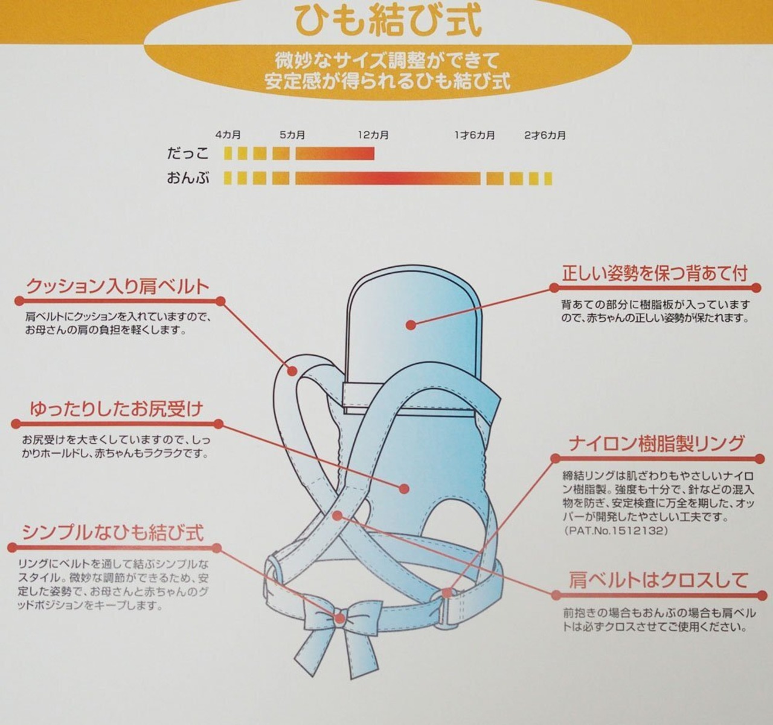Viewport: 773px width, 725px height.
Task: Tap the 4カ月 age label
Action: [228, 135]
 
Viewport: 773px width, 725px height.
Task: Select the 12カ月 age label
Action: [373, 135]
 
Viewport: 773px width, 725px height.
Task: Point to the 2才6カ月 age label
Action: [545, 135]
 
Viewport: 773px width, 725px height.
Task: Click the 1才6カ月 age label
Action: [475, 135]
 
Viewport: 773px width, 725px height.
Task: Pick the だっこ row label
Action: [188, 154]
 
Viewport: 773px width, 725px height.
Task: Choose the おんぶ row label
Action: [188, 178]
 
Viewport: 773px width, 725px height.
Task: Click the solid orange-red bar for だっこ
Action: [335, 154]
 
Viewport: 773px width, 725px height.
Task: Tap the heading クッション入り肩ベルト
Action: [118, 287]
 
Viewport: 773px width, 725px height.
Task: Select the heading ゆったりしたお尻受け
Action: [117, 410]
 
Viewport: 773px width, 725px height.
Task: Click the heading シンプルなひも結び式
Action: [113, 533]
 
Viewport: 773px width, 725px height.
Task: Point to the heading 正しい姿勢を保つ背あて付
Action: [655, 274]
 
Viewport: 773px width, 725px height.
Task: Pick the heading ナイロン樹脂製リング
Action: [656, 443]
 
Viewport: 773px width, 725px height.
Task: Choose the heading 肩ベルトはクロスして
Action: [658, 580]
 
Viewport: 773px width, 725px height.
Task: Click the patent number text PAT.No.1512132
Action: [616, 530]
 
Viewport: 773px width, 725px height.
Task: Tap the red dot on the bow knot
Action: [340, 618]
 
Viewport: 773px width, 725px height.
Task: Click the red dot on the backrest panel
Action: [411, 325]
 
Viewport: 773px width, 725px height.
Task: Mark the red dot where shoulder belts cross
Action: [337, 516]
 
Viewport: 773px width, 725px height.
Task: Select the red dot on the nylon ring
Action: [447, 592]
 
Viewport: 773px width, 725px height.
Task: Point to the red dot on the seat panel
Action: [405, 489]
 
